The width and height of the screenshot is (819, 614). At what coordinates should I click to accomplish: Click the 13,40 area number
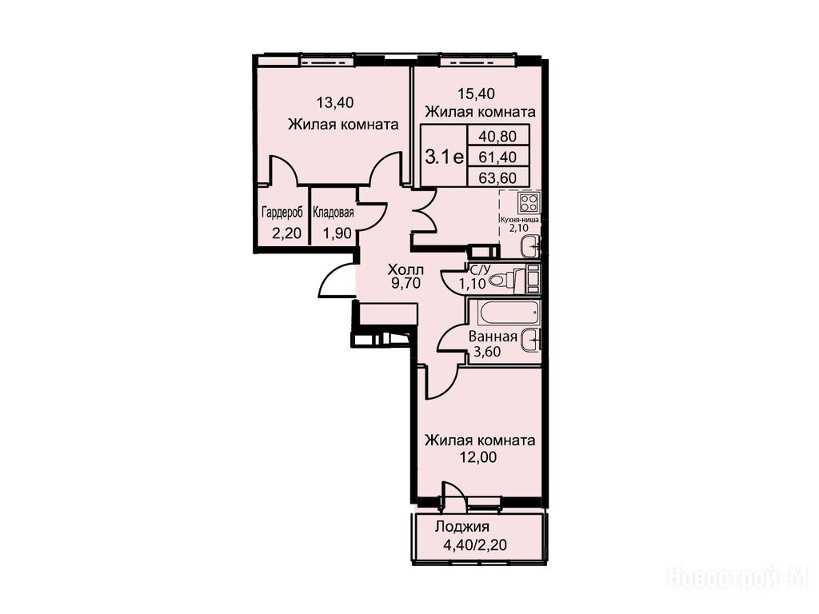335,102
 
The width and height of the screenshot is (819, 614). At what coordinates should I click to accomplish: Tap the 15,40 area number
477,94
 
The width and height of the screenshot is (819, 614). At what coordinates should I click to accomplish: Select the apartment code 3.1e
445,156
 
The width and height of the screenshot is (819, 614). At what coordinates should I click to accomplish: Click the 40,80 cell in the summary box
497,136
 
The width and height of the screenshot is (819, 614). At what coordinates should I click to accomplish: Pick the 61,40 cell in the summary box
497,157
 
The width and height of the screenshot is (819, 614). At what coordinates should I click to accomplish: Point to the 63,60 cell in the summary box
497,177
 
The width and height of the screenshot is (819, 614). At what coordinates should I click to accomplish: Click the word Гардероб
282,213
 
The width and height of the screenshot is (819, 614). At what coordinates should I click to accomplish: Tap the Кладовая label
334,213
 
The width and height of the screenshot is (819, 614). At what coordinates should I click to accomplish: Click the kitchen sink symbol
532,245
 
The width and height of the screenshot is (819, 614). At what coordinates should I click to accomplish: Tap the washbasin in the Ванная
532,340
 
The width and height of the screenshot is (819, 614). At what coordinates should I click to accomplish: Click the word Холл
406,270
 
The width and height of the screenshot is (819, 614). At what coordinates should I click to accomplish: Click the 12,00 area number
477,457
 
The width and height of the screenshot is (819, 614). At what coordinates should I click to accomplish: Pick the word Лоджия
461,526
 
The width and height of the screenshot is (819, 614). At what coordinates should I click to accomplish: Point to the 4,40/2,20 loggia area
475,545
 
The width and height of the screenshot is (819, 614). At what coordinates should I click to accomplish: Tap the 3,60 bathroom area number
487,352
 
